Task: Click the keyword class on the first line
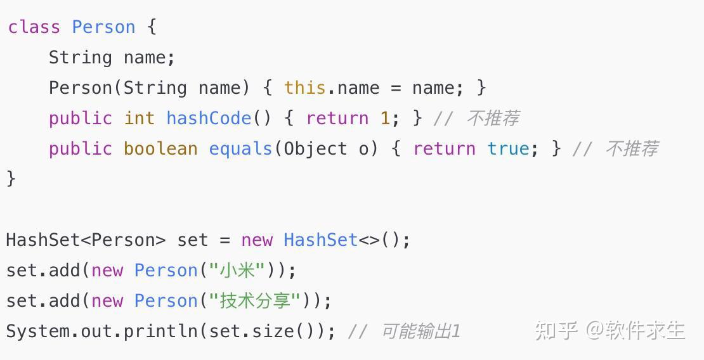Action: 34,27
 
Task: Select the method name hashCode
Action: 209,119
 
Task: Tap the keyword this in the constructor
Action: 304,88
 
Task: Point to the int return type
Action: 139,119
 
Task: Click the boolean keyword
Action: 160,149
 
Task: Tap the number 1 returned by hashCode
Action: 385,119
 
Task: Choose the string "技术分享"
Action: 254,301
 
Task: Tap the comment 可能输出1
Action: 420,331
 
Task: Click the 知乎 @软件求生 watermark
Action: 609,330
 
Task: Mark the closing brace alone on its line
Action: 11,179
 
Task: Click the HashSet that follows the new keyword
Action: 320,240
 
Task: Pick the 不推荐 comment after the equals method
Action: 631,149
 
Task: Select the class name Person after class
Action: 103,27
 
